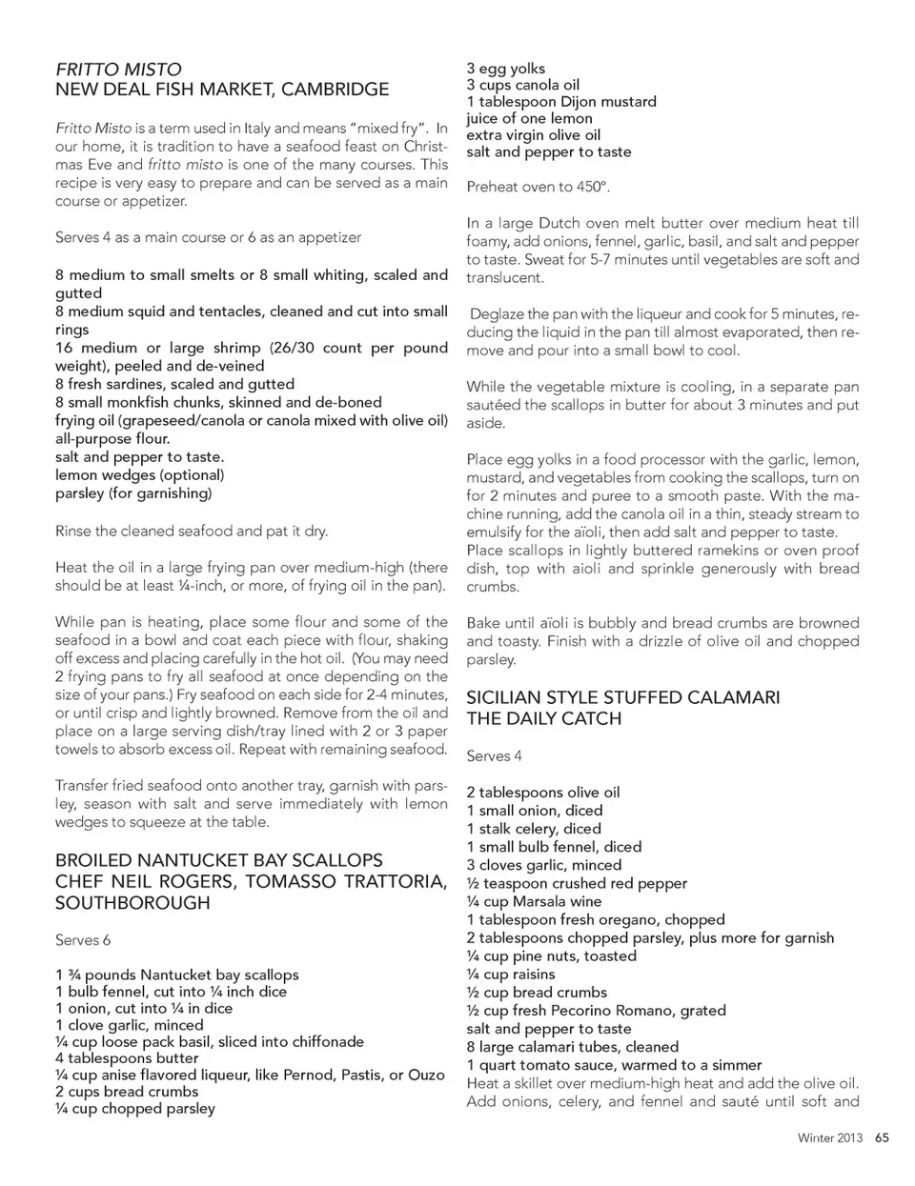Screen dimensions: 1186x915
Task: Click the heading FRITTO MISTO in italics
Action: click(x=118, y=70)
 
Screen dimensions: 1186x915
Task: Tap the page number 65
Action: click(x=882, y=1137)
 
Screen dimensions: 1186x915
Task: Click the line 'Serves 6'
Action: click(x=83, y=940)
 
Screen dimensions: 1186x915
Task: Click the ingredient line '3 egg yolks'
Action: click(x=506, y=69)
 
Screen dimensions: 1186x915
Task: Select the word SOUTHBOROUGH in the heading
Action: click(x=132, y=902)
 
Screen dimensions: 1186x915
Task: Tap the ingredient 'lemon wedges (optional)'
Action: click(x=139, y=475)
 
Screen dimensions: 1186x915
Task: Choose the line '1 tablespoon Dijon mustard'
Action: click(x=561, y=102)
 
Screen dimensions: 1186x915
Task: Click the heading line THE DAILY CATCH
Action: click(x=543, y=719)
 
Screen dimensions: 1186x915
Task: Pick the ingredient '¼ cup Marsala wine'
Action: click(x=534, y=901)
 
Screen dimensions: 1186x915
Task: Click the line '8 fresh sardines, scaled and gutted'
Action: click(x=174, y=384)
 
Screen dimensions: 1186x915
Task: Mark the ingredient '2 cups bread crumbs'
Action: click(x=127, y=1092)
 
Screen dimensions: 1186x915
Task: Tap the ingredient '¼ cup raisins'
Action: click(x=511, y=974)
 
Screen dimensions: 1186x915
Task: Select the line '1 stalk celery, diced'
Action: click(x=534, y=829)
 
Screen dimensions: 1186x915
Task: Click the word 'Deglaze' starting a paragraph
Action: click(x=496, y=314)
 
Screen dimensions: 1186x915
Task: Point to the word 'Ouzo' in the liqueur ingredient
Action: click(x=426, y=1075)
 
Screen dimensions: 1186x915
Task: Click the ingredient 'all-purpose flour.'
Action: click(x=112, y=439)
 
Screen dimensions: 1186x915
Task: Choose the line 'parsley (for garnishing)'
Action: click(x=133, y=493)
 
